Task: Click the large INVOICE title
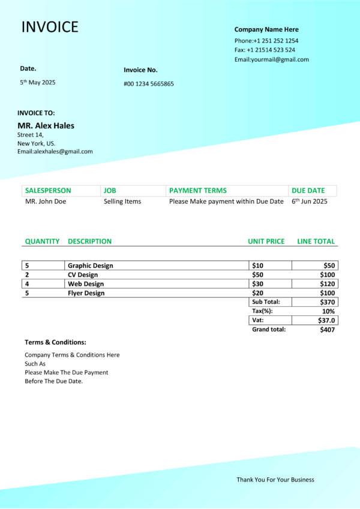(x=50, y=27)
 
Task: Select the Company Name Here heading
(x=266, y=29)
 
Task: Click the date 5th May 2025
(x=37, y=82)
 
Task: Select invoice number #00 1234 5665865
(x=149, y=84)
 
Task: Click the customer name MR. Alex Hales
(x=46, y=126)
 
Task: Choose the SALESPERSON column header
(x=48, y=191)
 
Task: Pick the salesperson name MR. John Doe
(x=46, y=201)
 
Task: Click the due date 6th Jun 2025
(x=310, y=201)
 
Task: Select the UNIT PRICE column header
(x=266, y=242)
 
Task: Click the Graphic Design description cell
(x=90, y=266)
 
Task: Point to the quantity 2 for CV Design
(x=26, y=275)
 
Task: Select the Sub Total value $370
(x=328, y=302)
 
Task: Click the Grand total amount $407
(x=328, y=329)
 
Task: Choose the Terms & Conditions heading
(x=55, y=342)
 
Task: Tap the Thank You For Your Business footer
(x=275, y=480)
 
